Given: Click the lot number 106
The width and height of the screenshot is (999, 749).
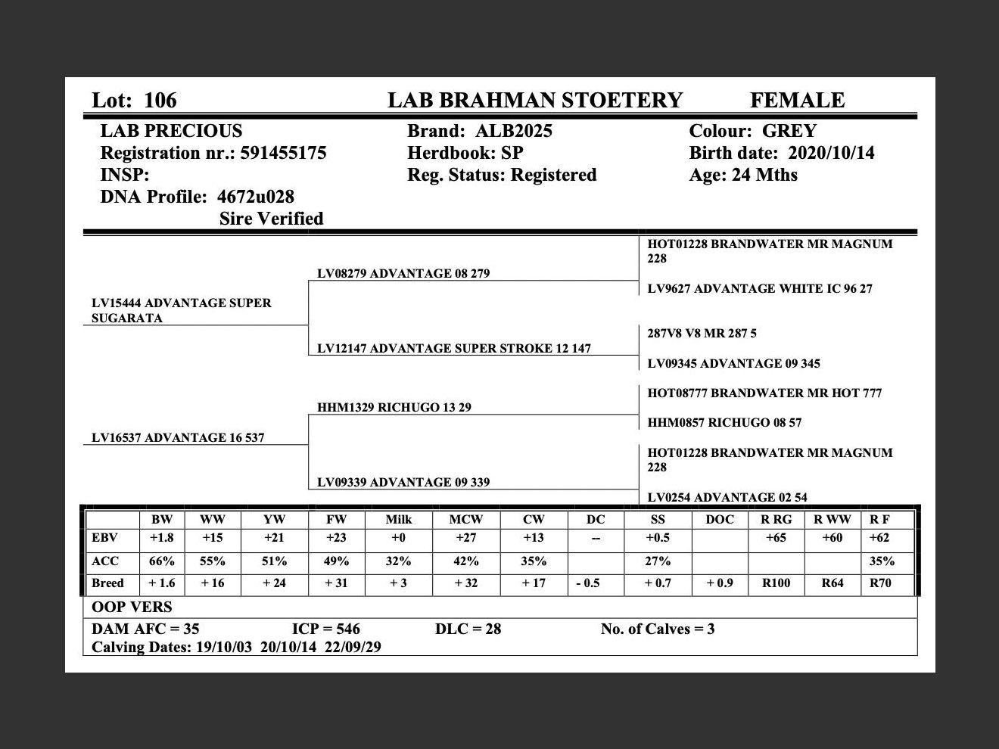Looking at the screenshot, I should tap(160, 101).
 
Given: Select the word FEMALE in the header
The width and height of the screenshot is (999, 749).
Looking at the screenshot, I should tap(797, 101).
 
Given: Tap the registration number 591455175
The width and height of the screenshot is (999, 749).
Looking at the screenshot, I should tap(283, 153).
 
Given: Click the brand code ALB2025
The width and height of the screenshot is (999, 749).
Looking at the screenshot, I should tap(514, 131).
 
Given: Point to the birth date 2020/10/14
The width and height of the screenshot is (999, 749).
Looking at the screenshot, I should tap(831, 153).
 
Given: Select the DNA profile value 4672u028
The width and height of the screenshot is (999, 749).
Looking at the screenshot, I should tap(255, 197).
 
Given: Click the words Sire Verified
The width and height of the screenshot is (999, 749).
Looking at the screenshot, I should tap(271, 219).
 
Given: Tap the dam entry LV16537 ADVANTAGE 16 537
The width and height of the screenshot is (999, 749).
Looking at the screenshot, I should tap(178, 437).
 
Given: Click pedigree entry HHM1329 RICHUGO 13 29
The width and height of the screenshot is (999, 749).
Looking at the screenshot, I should tap(394, 407).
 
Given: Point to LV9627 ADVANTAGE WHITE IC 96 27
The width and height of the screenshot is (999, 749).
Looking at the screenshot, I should tap(759, 288).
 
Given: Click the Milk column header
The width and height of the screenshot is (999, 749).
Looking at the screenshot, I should tap(398, 519).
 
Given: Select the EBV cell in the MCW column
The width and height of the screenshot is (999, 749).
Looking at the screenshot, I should tap(465, 538).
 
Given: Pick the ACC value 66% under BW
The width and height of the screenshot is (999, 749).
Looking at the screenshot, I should tap(161, 561).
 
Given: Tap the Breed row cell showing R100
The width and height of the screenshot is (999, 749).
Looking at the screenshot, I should tap(776, 583).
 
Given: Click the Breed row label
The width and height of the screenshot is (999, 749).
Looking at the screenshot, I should tap(107, 583).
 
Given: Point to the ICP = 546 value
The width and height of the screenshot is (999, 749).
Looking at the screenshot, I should tap(325, 629).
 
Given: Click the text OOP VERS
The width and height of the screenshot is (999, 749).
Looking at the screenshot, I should tap(132, 607).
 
